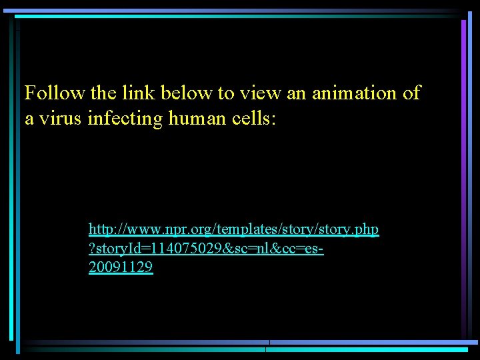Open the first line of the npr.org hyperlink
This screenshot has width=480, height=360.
pyautogui.click(x=233, y=230)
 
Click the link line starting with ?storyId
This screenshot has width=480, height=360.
pyautogui.click(x=207, y=249)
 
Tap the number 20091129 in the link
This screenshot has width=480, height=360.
pyautogui.click(x=121, y=268)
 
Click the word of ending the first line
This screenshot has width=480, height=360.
pyautogui.click(x=412, y=93)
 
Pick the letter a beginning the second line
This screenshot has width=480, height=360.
pyautogui.click(x=29, y=120)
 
